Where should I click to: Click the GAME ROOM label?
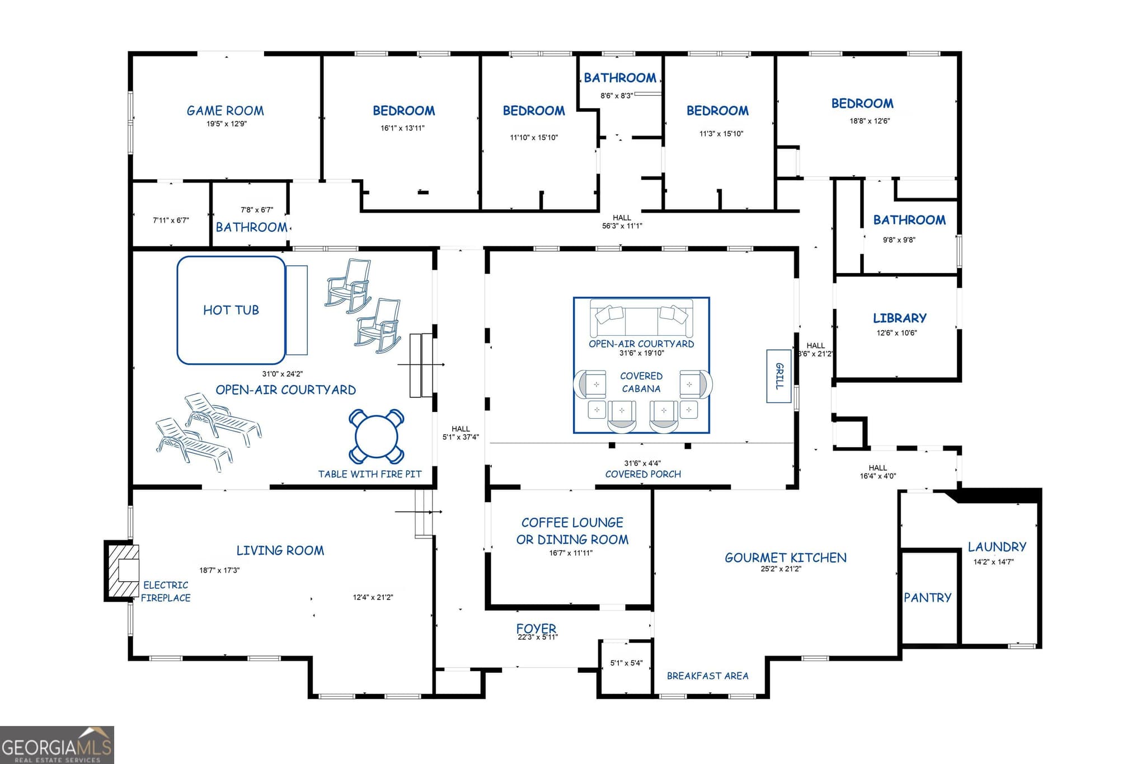point(225,111)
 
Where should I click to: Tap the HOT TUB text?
point(231,310)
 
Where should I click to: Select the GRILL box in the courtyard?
point(778,376)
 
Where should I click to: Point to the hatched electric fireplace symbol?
point(123,570)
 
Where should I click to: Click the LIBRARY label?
point(900,318)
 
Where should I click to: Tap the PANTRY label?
point(928,598)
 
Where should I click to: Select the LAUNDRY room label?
point(997,547)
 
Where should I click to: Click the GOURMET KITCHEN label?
point(786,557)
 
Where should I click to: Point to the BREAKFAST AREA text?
point(707,676)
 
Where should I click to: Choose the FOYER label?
point(536,628)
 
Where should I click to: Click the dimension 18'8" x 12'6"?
point(870,121)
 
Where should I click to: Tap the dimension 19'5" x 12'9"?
point(227,124)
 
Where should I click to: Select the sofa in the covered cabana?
point(641,318)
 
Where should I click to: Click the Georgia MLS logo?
point(57,745)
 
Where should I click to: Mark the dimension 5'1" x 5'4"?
point(626,663)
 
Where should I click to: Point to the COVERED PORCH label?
point(643,474)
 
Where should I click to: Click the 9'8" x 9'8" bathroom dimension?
point(899,240)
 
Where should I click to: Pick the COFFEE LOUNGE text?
point(572,523)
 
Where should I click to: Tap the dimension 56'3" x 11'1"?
point(622,226)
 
